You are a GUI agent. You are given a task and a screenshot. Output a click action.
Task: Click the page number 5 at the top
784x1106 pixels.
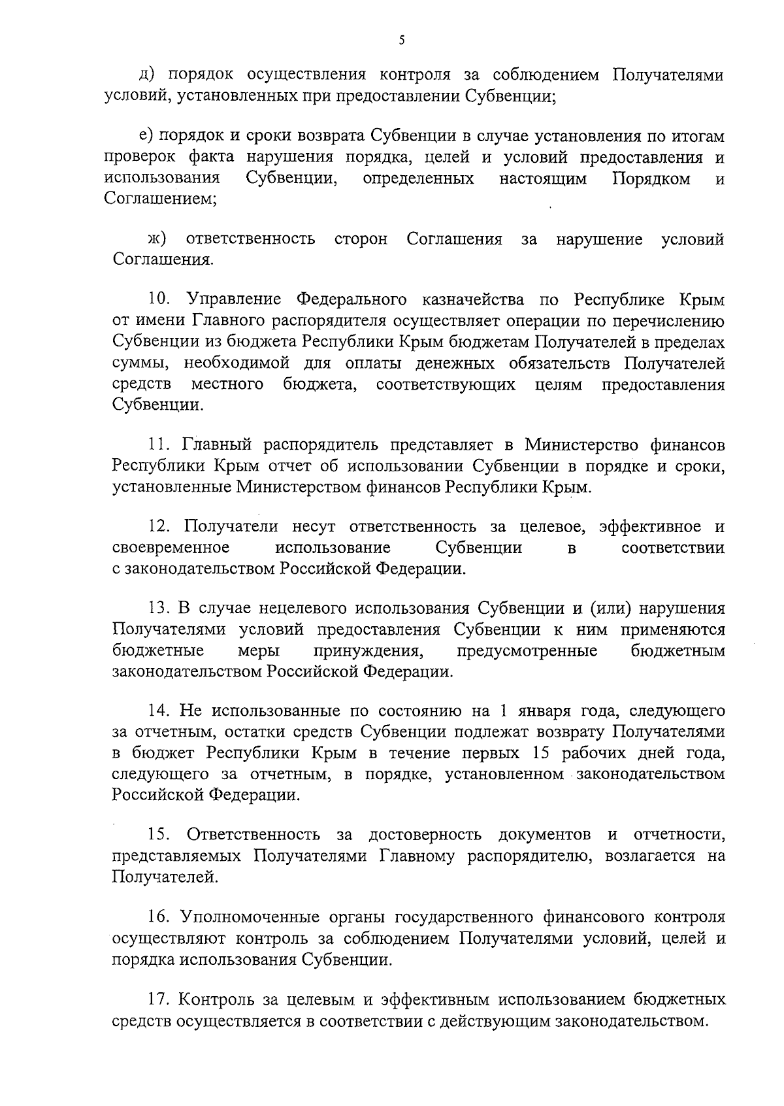click(x=402, y=41)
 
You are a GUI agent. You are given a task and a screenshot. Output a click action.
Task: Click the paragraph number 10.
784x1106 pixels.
click(x=160, y=299)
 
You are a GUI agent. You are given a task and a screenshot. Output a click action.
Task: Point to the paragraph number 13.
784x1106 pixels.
click(x=160, y=609)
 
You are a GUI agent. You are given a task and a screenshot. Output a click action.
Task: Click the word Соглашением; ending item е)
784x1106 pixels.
click(x=161, y=199)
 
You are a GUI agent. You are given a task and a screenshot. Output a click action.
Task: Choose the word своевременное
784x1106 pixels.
click(x=171, y=547)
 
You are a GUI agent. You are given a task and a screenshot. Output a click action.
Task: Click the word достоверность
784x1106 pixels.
click(x=425, y=835)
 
